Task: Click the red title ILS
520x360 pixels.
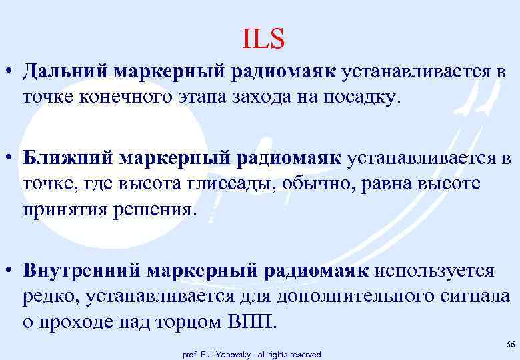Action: pyautogui.click(x=264, y=39)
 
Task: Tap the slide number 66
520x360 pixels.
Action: pyautogui.click(x=511, y=344)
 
